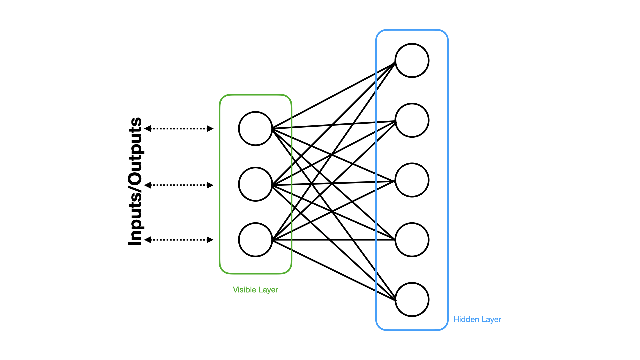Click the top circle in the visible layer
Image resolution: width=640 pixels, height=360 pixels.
click(255, 128)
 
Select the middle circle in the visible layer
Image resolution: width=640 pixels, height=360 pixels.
click(255, 184)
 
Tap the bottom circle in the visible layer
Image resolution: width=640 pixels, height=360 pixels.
click(255, 240)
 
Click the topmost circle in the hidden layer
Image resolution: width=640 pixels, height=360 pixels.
click(412, 60)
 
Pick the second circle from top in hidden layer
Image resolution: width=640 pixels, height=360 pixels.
click(412, 120)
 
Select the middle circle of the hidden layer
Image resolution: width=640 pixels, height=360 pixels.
click(412, 180)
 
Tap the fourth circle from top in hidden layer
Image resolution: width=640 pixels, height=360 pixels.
click(412, 240)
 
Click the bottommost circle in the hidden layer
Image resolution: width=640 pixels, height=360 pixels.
click(412, 299)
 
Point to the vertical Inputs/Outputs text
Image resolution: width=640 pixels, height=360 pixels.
click(135, 182)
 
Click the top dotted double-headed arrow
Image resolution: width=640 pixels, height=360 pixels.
click(179, 128)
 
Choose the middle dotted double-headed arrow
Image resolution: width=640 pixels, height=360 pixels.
click(179, 185)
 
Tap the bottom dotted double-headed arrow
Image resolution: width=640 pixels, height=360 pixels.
click(179, 240)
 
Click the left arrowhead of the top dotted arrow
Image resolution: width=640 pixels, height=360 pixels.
click(148, 128)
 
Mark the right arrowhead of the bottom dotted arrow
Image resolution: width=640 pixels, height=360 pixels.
click(210, 240)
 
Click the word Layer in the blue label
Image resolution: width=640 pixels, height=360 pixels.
click(491, 319)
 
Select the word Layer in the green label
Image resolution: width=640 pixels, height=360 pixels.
click(268, 290)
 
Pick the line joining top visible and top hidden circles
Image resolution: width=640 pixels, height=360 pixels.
click(333, 96)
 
